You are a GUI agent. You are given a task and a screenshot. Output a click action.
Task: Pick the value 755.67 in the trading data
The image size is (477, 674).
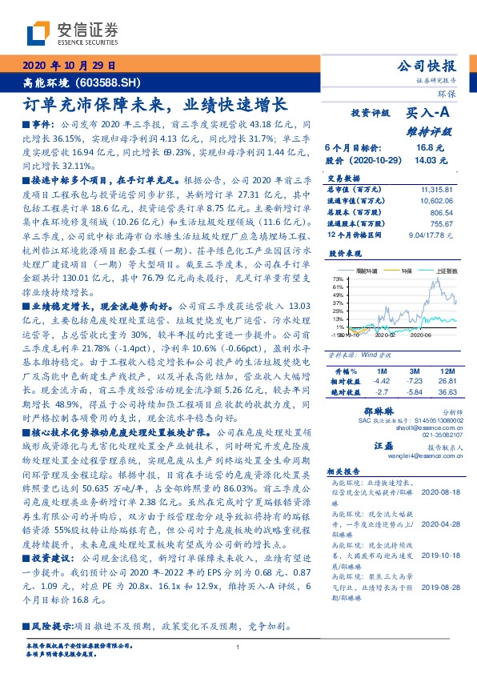pos(443,223)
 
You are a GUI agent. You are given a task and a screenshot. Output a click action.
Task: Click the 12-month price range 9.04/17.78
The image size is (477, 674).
pos(432,235)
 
